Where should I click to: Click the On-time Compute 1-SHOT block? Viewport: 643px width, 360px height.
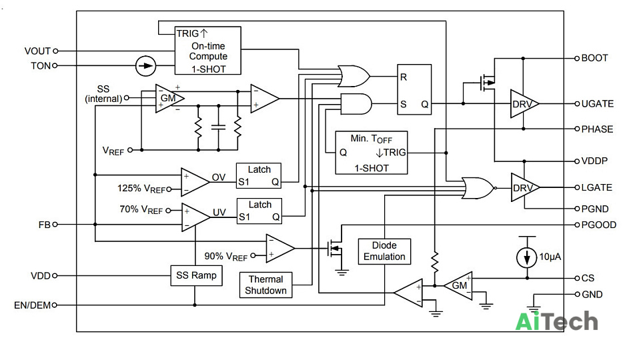coord(207,51)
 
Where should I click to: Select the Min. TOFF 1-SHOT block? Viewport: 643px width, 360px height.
coord(371,153)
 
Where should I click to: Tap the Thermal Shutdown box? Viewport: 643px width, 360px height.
coord(265,285)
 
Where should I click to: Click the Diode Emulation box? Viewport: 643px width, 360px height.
coord(384,251)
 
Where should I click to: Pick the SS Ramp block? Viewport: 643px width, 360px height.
coord(196,275)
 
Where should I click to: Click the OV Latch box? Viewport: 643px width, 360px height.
coord(259,175)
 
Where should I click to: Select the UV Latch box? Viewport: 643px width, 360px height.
coord(259,211)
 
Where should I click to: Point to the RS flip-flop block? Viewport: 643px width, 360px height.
coord(414,89)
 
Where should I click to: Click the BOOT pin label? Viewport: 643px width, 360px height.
coord(594,58)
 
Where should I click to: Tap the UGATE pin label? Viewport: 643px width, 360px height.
coord(598,104)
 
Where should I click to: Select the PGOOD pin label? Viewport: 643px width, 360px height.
coord(599,225)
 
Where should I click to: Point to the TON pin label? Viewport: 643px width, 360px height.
coord(41,65)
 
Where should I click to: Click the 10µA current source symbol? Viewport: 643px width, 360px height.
coord(527,257)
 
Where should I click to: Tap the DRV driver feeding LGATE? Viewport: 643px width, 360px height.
coord(525,187)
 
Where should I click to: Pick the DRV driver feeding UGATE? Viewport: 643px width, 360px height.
coord(524,104)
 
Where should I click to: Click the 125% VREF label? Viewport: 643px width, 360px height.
coord(141,189)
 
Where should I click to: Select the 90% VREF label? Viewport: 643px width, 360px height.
coord(226,256)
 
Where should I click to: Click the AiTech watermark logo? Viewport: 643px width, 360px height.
coord(556,321)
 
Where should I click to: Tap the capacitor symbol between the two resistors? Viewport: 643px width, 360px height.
coord(218,127)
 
